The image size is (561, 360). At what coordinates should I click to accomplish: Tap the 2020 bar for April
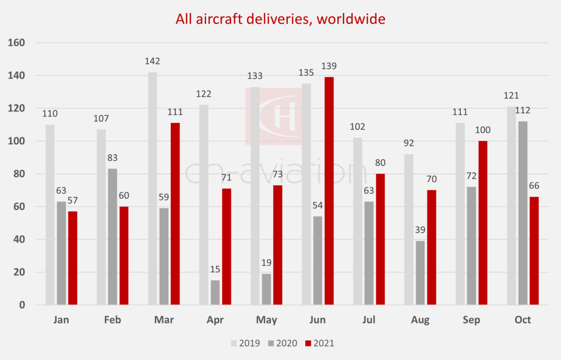pos(215,293)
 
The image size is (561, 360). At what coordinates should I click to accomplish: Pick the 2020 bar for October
pos(522,213)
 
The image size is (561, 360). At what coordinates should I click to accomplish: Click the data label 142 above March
pos(152,61)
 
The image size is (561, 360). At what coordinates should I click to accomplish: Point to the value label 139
pos(329,66)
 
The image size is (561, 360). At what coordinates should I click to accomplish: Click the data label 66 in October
pos(534,186)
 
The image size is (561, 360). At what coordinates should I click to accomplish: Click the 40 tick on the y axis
pos(18,239)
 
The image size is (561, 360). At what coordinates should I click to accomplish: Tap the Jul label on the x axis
pos(369,320)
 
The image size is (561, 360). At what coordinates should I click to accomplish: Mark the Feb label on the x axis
pos(113,320)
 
